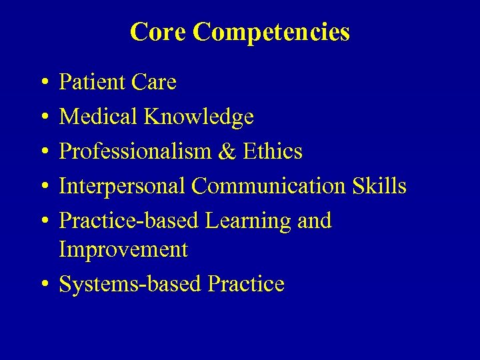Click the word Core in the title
(x=158, y=31)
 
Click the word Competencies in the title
(x=271, y=31)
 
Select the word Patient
(x=93, y=83)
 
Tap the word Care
(x=154, y=83)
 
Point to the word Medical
(x=98, y=117)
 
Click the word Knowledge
(x=199, y=117)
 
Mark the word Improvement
(x=123, y=250)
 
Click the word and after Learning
(x=313, y=221)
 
